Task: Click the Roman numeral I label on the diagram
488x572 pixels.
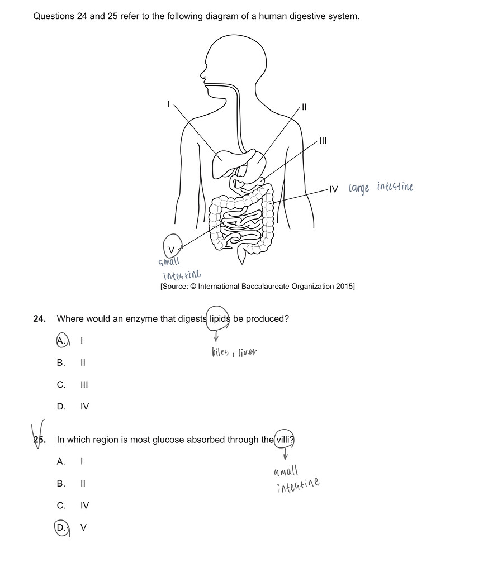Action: pos(168,103)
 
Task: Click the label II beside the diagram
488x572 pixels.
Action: pos(304,107)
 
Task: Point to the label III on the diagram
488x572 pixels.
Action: pos(323,141)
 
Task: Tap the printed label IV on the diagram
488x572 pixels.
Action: pos(334,189)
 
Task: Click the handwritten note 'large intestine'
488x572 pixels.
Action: pos(381,188)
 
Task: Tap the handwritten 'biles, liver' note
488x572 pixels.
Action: pos(234,352)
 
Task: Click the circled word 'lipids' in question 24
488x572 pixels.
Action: pos(219,319)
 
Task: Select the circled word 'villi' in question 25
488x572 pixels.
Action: pos(284,440)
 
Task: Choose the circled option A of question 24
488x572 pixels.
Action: pos(61,340)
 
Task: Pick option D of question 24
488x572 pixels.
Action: pos(61,407)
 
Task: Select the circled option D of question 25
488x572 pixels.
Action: pos(61,527)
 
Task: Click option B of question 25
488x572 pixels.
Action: pos(61,483)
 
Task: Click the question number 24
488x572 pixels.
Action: pos(39,319)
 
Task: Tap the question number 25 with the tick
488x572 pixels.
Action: pos(39,440)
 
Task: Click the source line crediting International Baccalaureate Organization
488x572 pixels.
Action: pos(257,287)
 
